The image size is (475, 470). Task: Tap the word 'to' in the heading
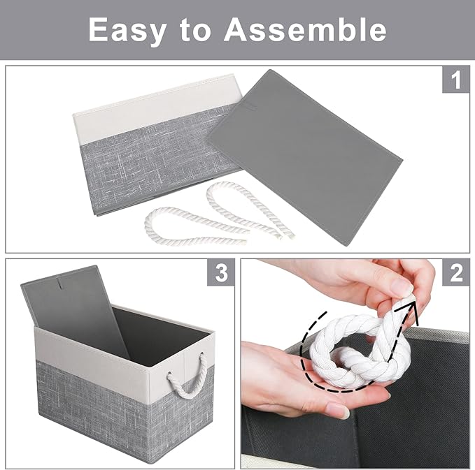click(x=198, y=30)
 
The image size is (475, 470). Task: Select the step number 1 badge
click(x=455, y=81)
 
